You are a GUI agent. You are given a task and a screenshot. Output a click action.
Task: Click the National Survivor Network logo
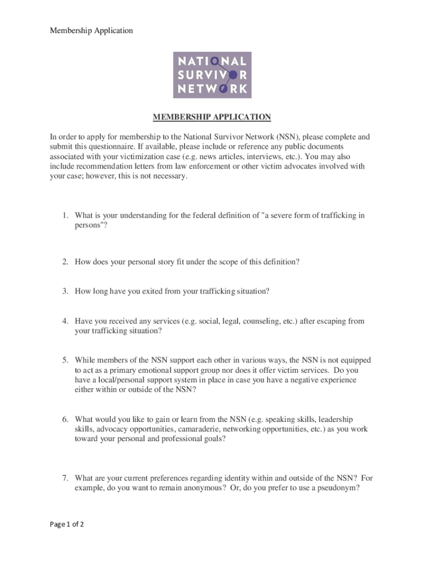pyautogui.click(x=212, y=75)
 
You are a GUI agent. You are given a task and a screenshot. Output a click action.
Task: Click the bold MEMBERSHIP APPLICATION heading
pyautogui.click(x=212, y=117)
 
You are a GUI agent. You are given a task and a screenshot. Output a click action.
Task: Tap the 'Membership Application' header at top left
pyautogui.click(x=91, y=31)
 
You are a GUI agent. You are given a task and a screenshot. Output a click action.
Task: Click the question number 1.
pyautogui.click(x=64, y=216)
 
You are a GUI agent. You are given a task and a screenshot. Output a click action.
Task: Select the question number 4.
pyautogui.click(x=64, y=321)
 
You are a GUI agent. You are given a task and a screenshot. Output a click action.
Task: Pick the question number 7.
pyautogui.click(x=64, y=479)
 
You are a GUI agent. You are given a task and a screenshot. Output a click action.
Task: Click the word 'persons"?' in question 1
pyautogui.click(x=89, y=226)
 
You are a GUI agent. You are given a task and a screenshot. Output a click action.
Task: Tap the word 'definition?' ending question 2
pyautogui.click(x=280, y=262)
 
